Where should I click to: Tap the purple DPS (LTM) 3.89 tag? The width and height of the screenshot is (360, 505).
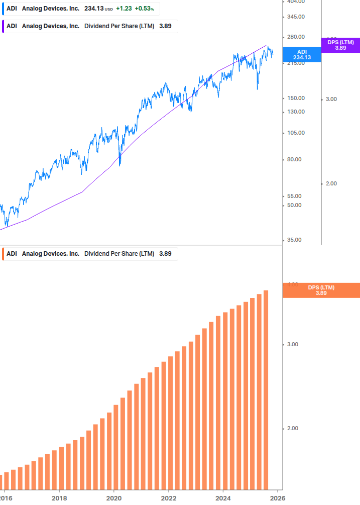click(340, 45)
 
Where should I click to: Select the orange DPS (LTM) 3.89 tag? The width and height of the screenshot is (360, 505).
click(321, 290)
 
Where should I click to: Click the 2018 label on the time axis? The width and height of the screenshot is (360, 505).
click(59, 497)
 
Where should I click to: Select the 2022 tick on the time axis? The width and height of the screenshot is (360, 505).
click(169, 497)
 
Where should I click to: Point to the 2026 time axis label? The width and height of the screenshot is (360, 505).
click(278, 497)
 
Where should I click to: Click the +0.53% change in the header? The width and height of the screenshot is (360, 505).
click(145, 9)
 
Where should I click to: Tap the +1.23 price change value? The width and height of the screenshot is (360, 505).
click(124, 9)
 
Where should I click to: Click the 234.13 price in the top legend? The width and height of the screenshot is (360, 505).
click(93, 9)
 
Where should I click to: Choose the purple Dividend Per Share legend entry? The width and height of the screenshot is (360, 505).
click(90, 26)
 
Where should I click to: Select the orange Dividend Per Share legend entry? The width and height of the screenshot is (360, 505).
click(90, 254)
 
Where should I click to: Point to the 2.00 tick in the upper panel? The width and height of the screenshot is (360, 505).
click(331, 183)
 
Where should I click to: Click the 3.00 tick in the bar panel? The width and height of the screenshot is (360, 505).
click(293, 344)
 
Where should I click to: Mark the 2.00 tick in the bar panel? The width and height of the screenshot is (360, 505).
click(293, 428)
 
